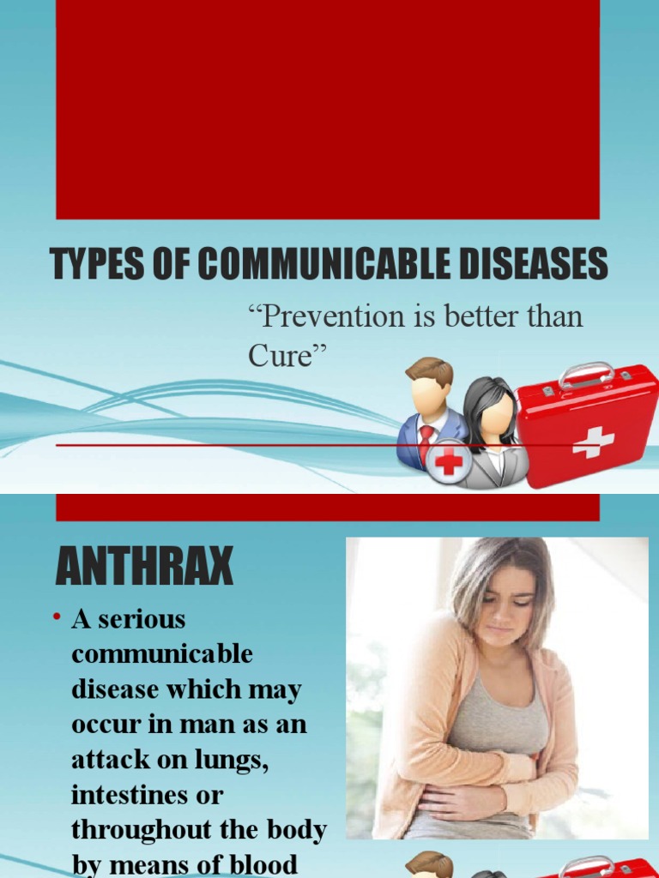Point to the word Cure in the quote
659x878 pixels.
click(284, 356)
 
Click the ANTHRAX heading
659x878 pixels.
click(145, 566)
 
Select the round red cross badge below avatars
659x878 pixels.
click(449, 463)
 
